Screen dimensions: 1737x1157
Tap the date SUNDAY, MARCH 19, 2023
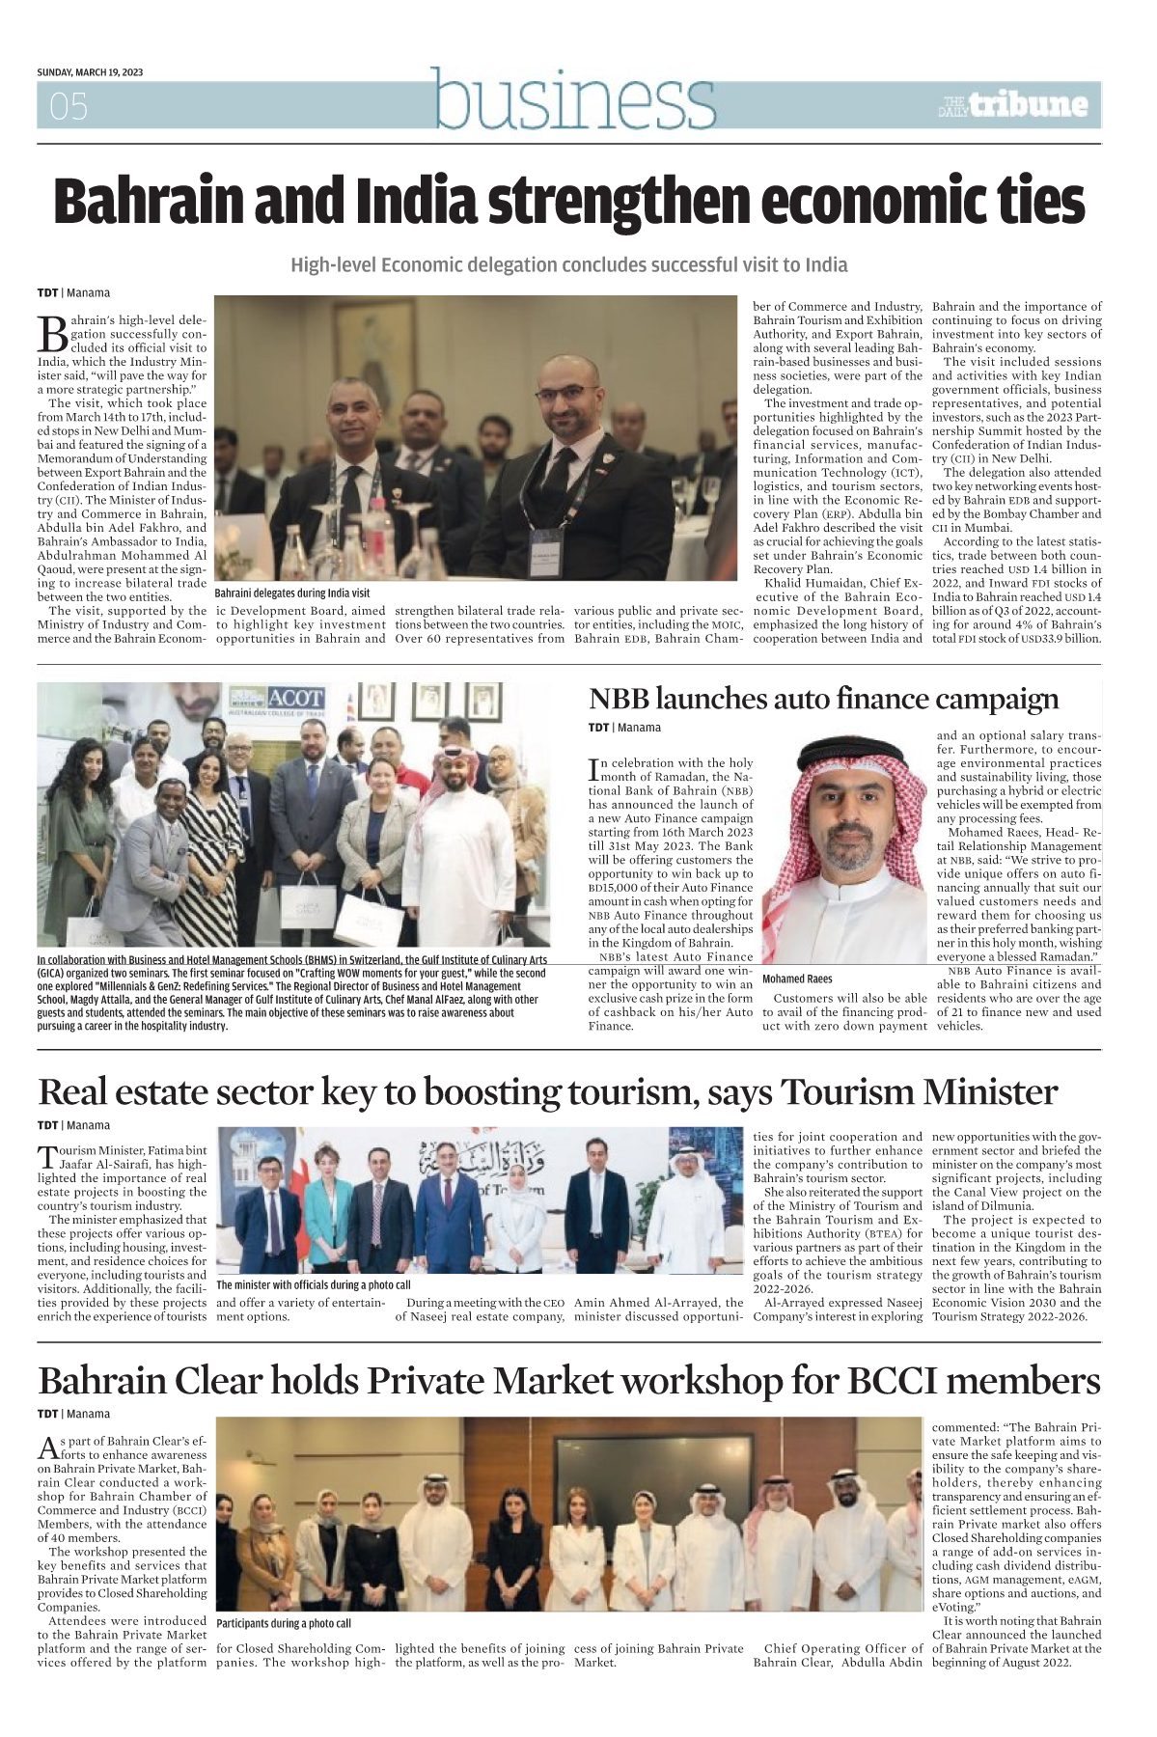pos(90,72)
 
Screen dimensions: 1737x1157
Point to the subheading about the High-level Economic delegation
pos(568,264)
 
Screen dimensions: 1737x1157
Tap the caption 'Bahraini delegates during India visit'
pos(291,593)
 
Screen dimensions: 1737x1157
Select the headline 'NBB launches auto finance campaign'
pos(823,699)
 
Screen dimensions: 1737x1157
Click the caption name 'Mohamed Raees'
pos(797,979)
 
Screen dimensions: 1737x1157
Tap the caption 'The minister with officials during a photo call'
pos(313,1284)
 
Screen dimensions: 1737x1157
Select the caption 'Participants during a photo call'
pos(284,1623)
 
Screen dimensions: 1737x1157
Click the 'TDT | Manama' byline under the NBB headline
pos(624,728)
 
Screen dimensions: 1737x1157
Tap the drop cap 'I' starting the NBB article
pos(593,769)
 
